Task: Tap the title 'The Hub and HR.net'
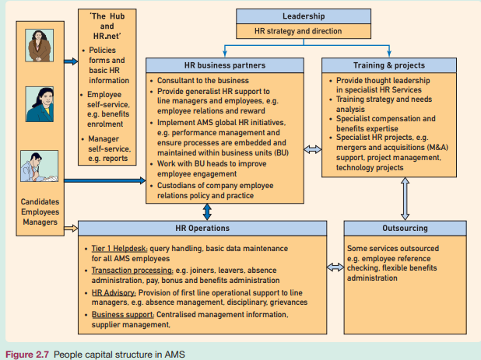click(x=107, y=26)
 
